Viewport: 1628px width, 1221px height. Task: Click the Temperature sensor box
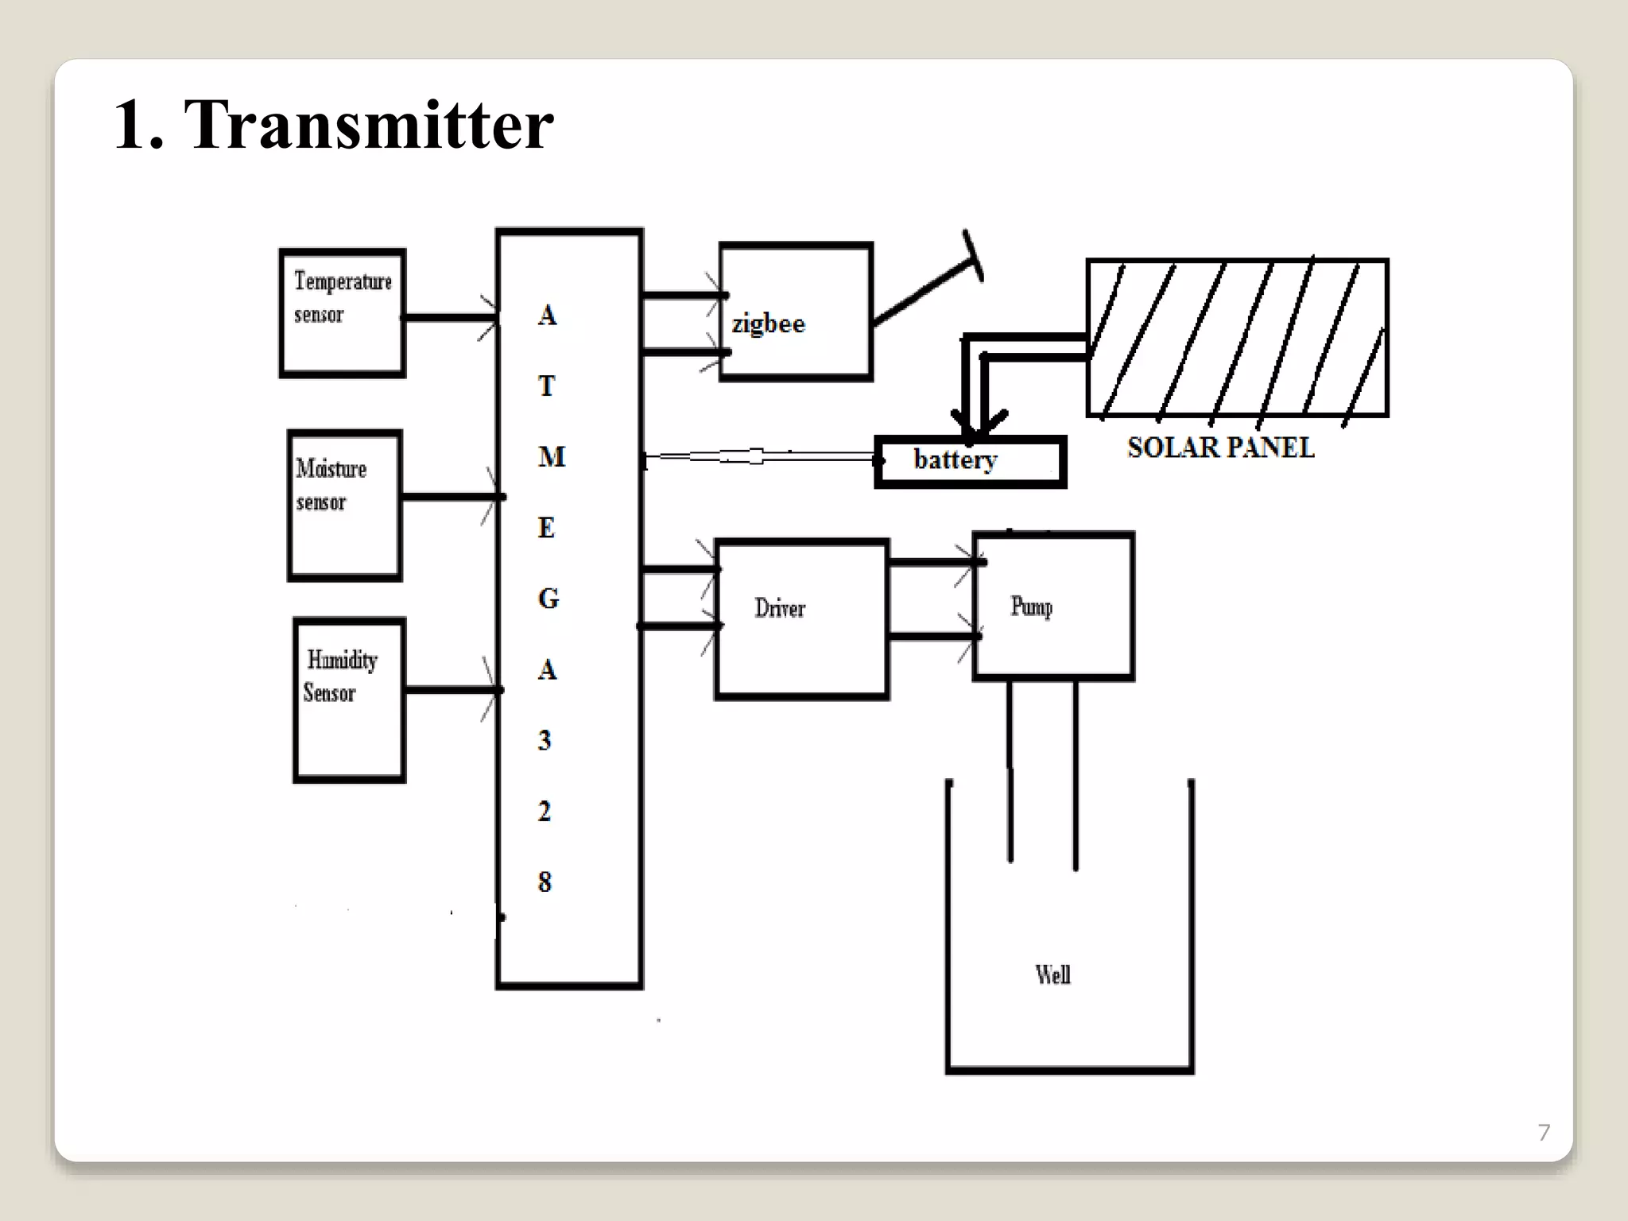click(x=343, y=313)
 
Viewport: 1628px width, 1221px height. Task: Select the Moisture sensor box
click(x=344, y=506)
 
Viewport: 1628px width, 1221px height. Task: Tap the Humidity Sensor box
click(x=349, y=700)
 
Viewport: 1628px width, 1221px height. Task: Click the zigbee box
click(x=796, y=312)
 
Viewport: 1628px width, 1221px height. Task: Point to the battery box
click(x=970, y=461)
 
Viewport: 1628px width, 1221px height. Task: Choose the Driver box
click(x=801, y=618)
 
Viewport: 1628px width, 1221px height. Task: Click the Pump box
click(x=1053, y=607)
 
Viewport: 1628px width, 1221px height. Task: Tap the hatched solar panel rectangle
click(x=1237, y=337)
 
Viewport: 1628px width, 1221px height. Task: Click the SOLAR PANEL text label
click(x=1220, y=448)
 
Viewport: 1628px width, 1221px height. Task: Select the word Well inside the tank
click(x=1052, y=975)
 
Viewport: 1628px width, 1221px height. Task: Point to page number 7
click(x=1544, y=1132)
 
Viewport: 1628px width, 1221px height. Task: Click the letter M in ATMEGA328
click(x=551, y=457)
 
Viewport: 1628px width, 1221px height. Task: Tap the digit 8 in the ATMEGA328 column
click(x=545, y=882)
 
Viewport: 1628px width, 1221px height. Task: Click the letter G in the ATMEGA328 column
click(x=548, y=599)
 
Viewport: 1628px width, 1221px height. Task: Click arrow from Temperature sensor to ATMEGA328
click(x=449, y=317)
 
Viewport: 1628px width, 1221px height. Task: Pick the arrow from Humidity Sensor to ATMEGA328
click(x=452, y=689)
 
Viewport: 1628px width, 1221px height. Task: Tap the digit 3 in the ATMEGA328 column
click(x=545, y=740)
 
